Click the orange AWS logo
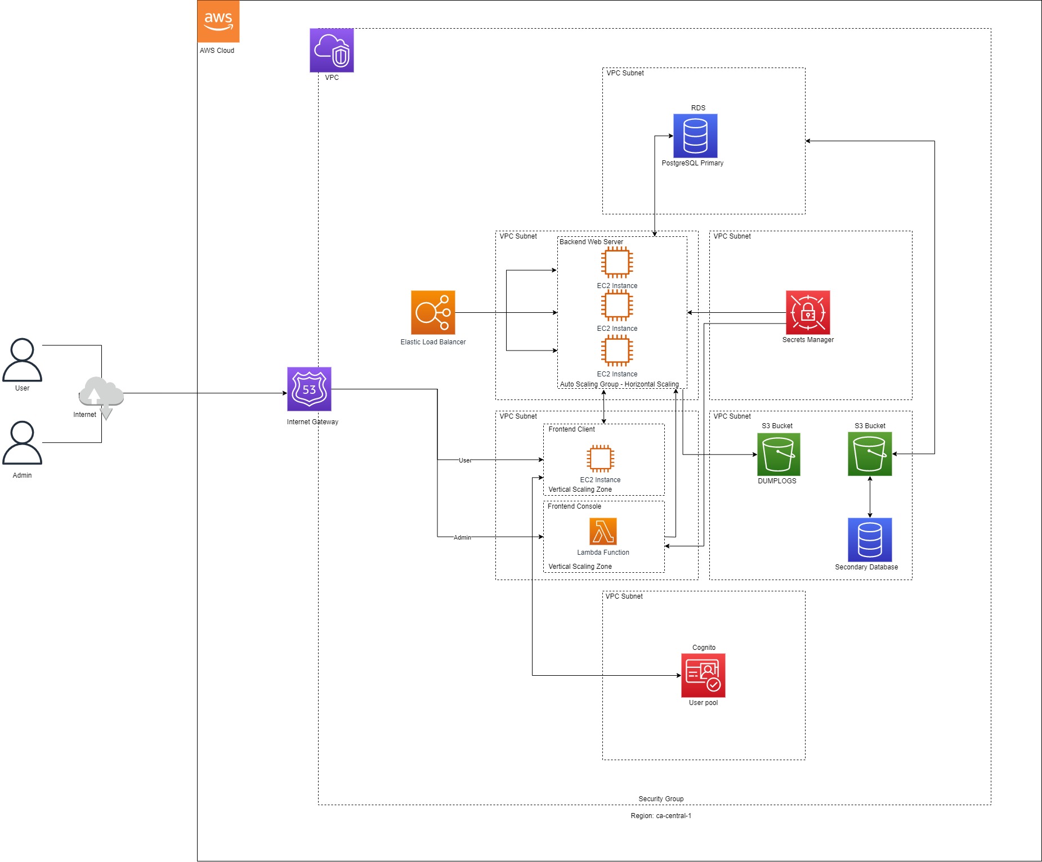click(218, 21)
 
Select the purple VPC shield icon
click(332, 51)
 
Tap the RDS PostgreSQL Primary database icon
click(695, 136)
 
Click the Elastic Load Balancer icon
click(433, 312)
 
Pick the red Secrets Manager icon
click(808, 312)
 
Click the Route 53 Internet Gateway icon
click(309, 389)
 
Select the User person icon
click(22, 360)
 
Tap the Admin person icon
click(22, 443)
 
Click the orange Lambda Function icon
click(603, 532)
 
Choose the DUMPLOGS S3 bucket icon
click(779, 454)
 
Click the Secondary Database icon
click(870, 540)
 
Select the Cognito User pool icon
click(703, 675)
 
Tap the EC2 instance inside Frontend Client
click(600, 458)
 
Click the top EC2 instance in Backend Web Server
click(617, 262)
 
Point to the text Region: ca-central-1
click(661, 816)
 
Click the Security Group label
click(661, 799)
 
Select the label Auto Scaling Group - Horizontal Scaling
click(619, 384)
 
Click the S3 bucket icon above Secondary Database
click(870, 454)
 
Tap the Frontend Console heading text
click(574, 506)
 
